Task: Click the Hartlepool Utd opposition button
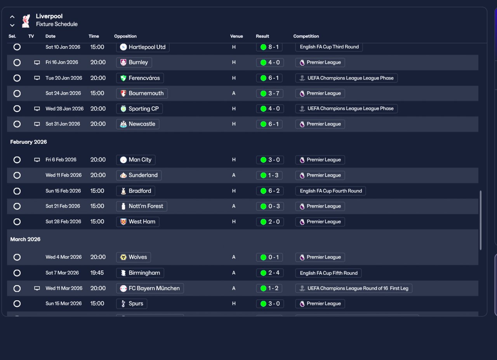(143, 47)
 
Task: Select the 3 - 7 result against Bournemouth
(270, 93)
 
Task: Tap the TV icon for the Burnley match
(37, 62)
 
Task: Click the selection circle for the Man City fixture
(17, 160)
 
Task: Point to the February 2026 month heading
(28, 142)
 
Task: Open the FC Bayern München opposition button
(150, 288)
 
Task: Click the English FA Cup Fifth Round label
(328, 273)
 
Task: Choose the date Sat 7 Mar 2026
(62, 273)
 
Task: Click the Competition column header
(306, 36)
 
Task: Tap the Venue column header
(236, 36)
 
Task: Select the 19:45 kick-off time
(97, 273)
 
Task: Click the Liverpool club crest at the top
(26, 21)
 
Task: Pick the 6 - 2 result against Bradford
(270, 191)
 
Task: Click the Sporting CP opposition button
(139, 109)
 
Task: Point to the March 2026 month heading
(25, 239)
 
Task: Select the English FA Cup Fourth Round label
(330, 191)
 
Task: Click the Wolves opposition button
(134, 257)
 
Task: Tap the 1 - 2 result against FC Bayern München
(270, 288)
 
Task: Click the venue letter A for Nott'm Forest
(234, 206)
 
